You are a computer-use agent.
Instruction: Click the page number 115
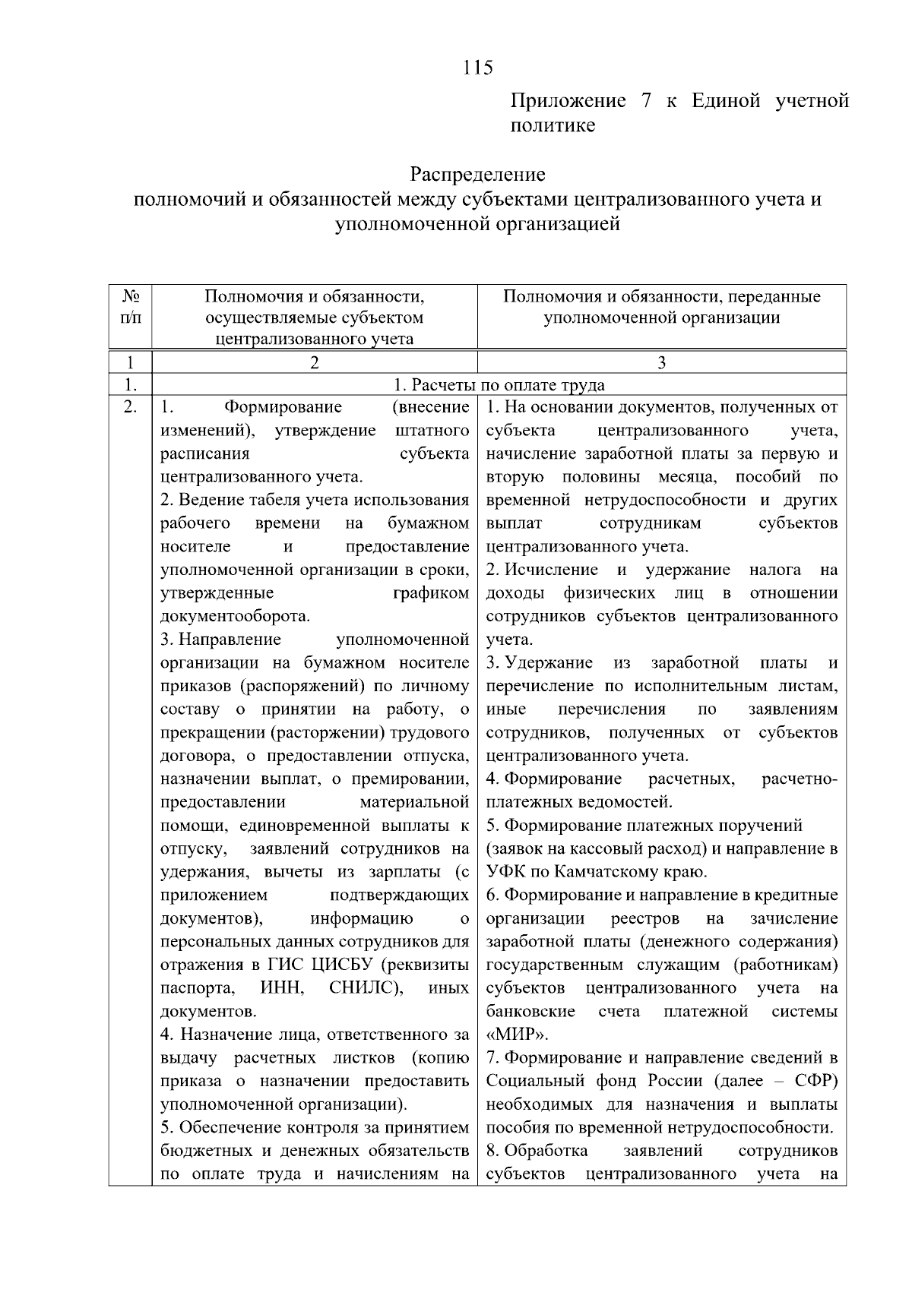pos(478,68)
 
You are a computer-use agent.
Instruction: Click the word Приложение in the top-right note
pos(568,101)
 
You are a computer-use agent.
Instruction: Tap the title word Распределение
pos(477,175)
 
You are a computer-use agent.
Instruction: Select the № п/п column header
pos(130,307)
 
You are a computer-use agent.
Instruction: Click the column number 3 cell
pos(661,362)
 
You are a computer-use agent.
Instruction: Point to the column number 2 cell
pos(314,362)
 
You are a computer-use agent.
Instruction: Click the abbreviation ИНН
pos(282,988)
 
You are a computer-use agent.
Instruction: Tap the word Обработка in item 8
pos(546,1151)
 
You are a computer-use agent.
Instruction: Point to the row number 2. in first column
pos(130,408)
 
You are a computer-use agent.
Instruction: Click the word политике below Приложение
pos(552,125)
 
